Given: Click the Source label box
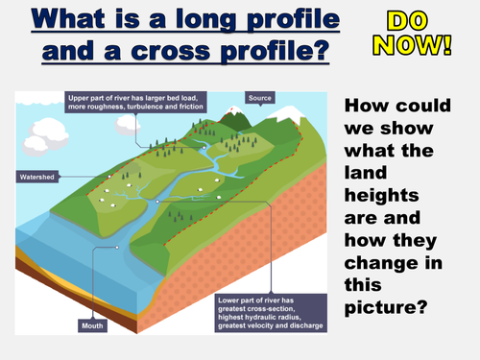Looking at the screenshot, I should point(260,98).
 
